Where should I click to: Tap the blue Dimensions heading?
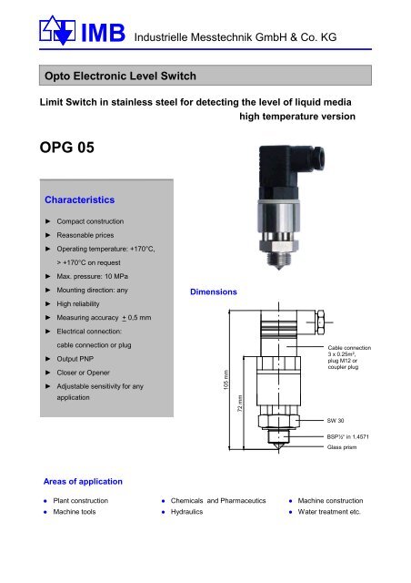tap(213, 292)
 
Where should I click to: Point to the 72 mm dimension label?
tap(240, 402)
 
